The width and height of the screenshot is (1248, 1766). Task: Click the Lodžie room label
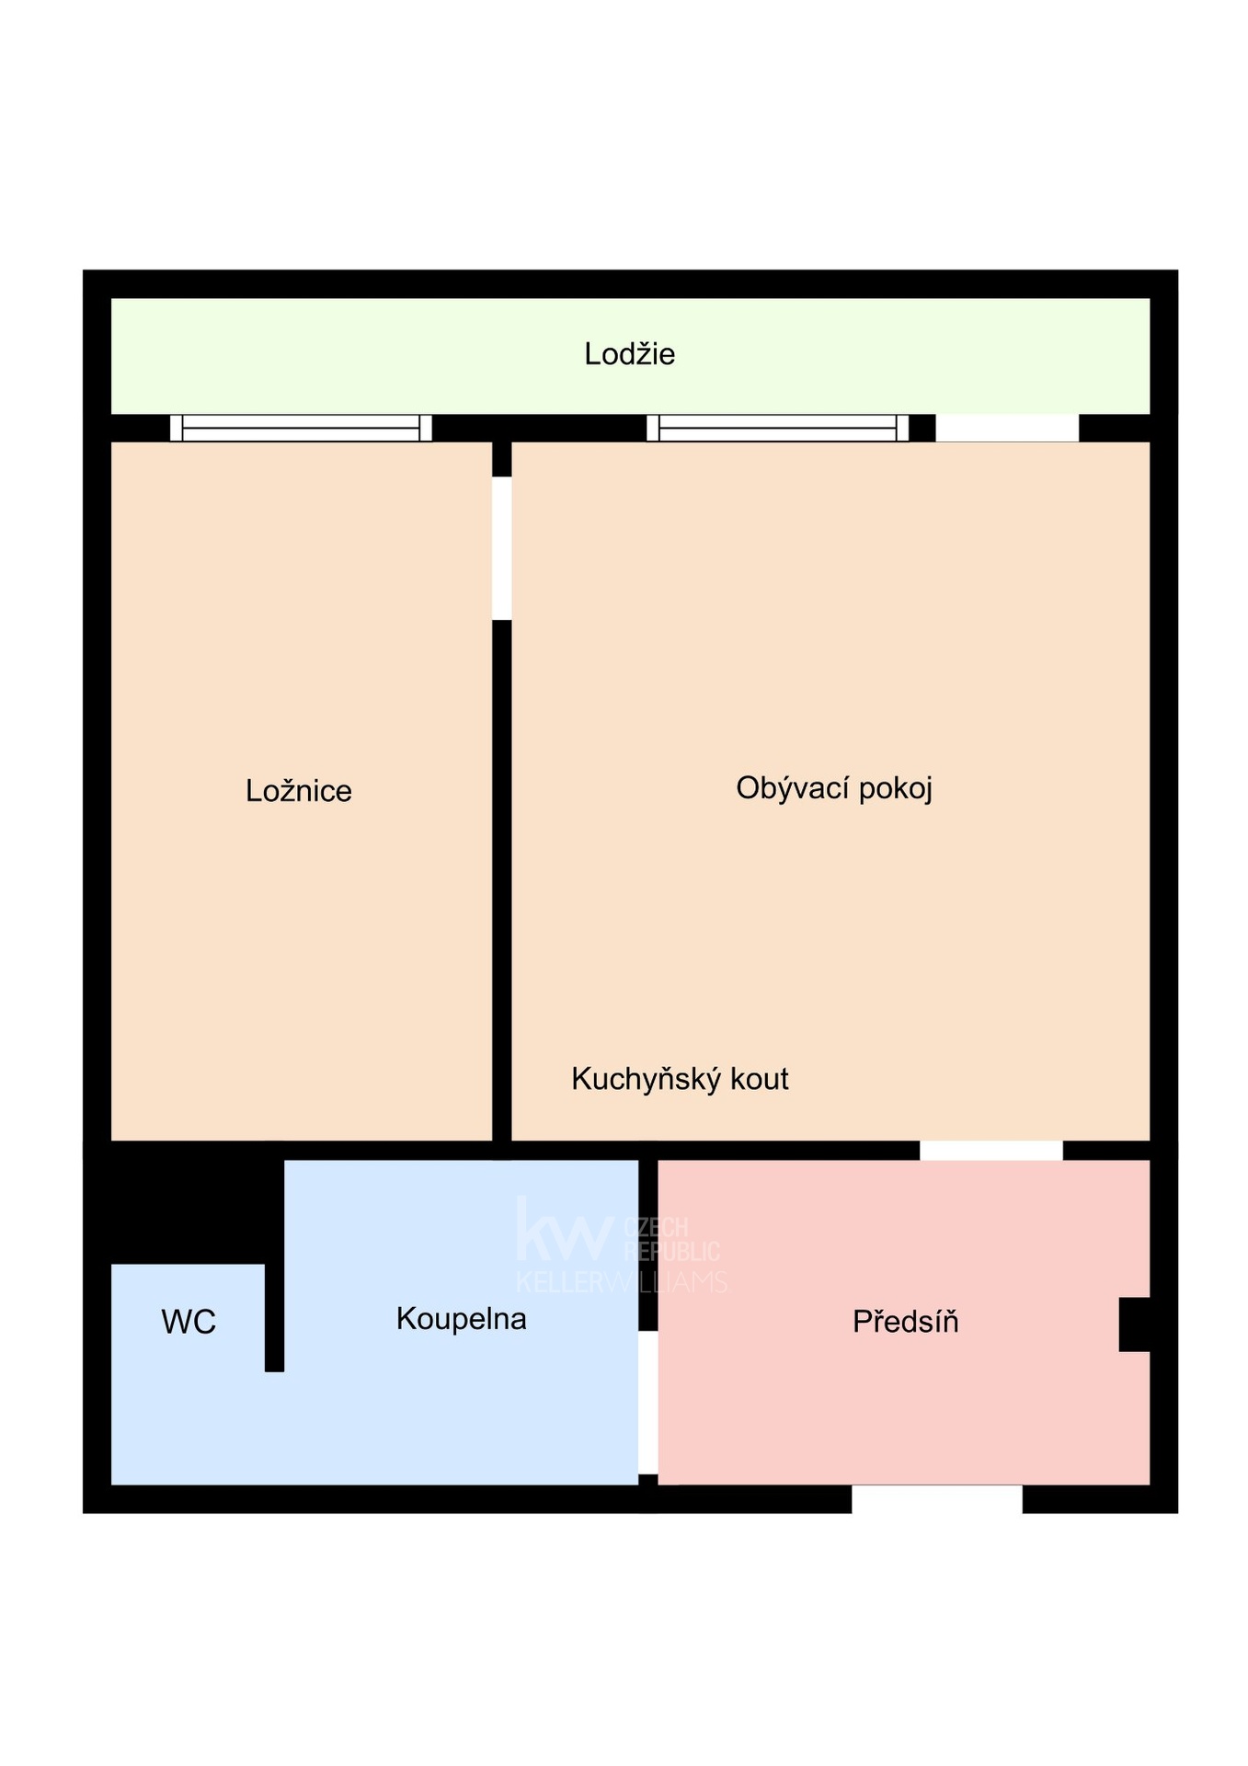coord(629,354)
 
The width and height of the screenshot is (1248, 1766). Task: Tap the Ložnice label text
coord(298,791)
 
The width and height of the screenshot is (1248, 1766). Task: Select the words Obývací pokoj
coord(834,788)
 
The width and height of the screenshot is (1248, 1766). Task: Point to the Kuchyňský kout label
coord(680,1079)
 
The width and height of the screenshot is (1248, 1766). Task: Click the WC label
coord(189,1322)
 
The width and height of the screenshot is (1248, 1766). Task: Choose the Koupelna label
coord(461,1319)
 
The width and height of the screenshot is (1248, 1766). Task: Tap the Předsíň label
coord(905,1321)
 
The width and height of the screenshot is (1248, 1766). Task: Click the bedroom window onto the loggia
coord(301,428)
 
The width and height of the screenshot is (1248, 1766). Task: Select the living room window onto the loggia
coord(778,428)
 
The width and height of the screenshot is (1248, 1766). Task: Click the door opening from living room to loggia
coord(1007,428)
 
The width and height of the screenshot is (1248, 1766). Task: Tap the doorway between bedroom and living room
coord(501,548)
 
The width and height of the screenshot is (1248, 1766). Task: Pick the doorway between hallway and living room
coord(991,1150)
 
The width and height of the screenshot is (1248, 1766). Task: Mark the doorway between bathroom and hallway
coord(647,1403)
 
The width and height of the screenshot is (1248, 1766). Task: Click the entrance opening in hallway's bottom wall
coord(936,1498)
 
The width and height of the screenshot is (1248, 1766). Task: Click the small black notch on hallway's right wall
coord(1134,1324)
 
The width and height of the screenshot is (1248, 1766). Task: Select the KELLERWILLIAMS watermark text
coord(622,1282)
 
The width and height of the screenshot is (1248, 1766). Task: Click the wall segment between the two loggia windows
coord(539,428)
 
